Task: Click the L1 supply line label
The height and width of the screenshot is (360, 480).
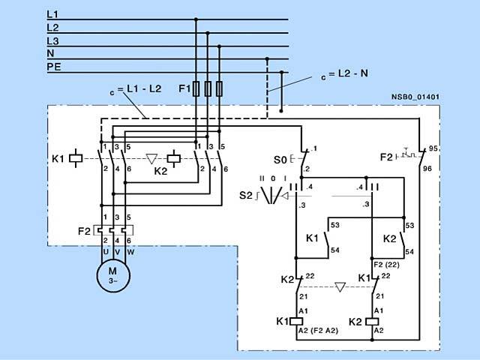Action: tap(52, 14)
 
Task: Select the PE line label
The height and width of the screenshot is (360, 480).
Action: tap(53, 67)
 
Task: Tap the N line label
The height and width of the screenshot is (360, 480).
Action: tap(50, 53)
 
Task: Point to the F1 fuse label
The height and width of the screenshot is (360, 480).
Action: tap(184, 89)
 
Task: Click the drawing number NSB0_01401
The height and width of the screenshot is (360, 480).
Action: tap(415, 97)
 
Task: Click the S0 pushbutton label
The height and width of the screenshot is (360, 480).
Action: tap(280, 160)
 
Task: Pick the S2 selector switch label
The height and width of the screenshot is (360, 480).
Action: tap(245, 196)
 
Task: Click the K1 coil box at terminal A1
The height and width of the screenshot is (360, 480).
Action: tap(296, 321)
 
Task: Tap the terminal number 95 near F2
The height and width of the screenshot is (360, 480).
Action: tap(433, 148)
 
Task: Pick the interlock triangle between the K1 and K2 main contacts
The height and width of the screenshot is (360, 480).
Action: tap(153, 158)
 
